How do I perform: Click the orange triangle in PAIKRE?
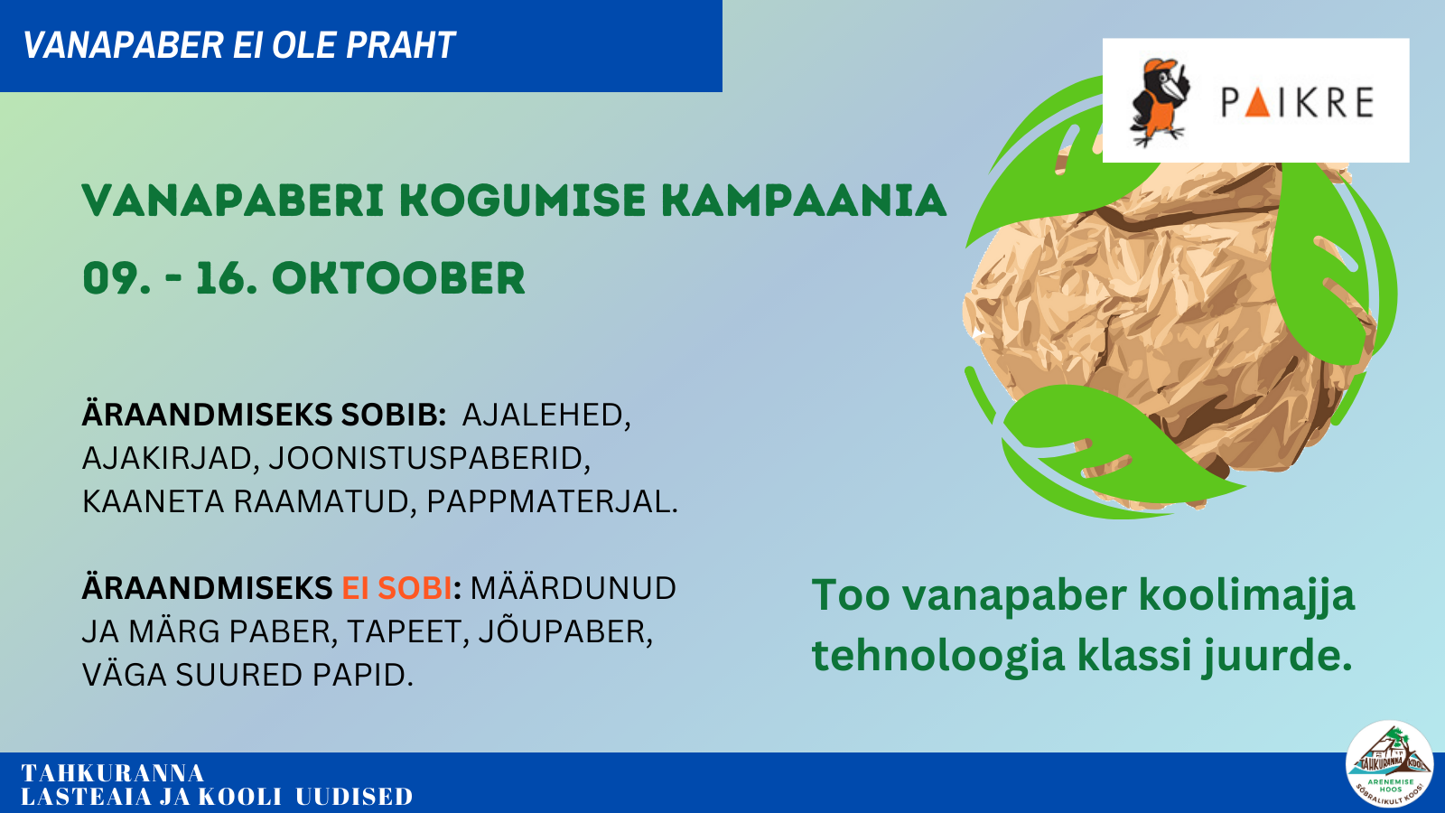point(1257,103)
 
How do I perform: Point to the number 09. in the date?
point(117,279)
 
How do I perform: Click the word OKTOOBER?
point(398,279)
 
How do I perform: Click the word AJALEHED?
point(545,415)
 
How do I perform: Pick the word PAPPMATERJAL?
point(552,502)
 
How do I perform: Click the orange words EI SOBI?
point(396,588)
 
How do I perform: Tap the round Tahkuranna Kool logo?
point(1390,764)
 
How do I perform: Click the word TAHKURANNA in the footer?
point(113,773)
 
